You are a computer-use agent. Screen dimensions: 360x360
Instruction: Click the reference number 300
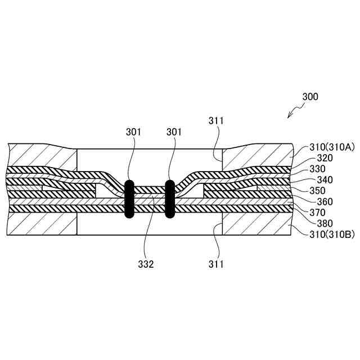coord(310,96)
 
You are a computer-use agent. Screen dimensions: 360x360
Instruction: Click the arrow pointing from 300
coord(293,112)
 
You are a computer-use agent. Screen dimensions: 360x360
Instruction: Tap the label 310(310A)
coord(332,147)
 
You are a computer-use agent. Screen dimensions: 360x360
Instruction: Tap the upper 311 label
coord(216,121)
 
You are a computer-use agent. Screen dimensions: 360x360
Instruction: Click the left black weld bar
coord(129,199)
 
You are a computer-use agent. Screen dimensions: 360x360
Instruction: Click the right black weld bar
coord(168,199)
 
